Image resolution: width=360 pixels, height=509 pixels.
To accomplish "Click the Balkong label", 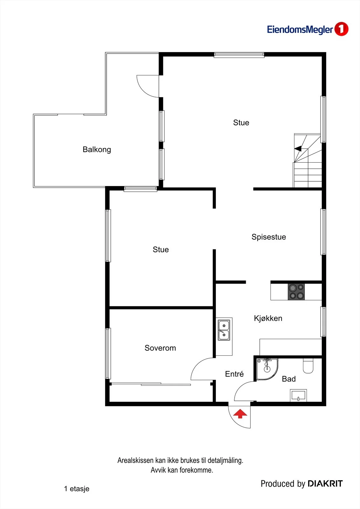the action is [x=97, y=150].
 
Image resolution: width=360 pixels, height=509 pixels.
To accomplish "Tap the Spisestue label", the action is [x=269, y=237].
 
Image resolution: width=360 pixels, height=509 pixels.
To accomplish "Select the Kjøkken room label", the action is [x=268, y=318].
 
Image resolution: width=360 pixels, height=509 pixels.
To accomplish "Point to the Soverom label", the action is [x=160, y=348].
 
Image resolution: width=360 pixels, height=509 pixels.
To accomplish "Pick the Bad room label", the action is [x=289, y=379].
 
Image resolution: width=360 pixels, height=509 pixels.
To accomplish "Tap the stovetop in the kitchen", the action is [x=296, y=292].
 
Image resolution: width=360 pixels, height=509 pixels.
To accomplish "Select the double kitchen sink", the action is [x=224, y=330].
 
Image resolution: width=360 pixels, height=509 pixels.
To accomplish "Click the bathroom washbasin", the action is [x=298, y=395].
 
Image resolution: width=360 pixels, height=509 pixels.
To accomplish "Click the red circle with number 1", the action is [x=341, y=29].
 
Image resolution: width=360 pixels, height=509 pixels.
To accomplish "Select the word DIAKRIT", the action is [x=325, y=484].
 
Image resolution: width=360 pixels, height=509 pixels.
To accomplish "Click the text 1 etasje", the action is [x=77, y=489].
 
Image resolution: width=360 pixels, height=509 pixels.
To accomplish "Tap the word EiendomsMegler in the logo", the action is [x=300, y=30].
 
